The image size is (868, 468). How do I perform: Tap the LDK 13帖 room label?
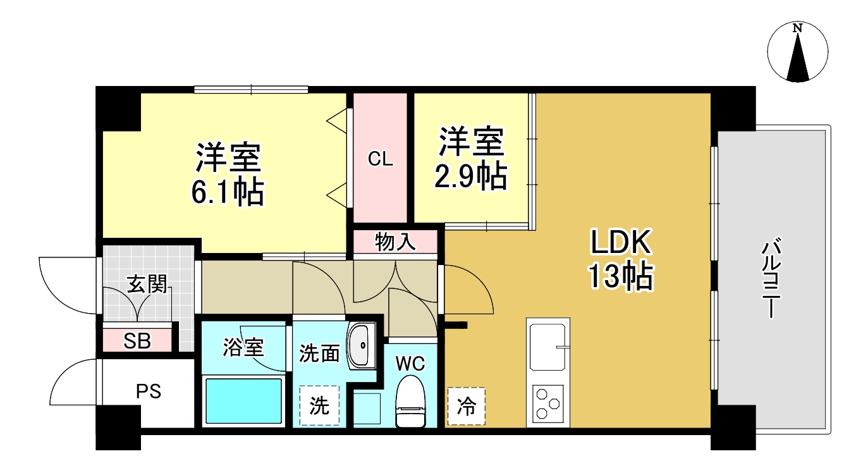(621, 259)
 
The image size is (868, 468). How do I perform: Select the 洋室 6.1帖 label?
(228, 174)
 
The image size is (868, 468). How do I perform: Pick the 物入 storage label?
(395, 242)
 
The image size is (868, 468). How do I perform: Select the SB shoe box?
(137, 341)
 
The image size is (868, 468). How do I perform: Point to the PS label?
(149, 391)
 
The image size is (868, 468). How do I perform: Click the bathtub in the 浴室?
(243, 401)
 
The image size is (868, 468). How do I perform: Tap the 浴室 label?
(243, 347)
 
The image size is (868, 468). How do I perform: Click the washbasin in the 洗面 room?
(362, 345)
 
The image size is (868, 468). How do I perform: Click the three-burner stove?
(547, 403)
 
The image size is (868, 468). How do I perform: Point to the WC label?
(410, 364)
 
